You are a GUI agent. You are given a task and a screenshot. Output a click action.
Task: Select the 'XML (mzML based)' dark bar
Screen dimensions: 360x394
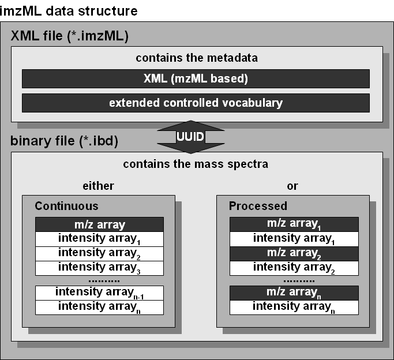point(196,78)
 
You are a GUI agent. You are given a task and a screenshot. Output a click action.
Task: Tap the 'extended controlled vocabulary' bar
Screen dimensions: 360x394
point(196,103)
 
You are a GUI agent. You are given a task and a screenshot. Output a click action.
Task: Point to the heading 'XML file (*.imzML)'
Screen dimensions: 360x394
point(69,37)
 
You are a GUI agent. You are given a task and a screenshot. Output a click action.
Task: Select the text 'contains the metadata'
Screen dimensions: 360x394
point(196,58)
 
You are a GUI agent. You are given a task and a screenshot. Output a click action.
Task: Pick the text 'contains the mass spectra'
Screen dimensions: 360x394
point(196,164)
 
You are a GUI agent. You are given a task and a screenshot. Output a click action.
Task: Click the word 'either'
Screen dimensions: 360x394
point(99,186)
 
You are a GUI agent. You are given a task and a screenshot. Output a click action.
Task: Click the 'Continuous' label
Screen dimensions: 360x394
point(66,206)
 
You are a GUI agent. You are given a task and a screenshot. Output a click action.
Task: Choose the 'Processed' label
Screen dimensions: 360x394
point(258,206)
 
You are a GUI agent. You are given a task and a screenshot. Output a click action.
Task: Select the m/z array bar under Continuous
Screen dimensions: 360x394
point(100,224)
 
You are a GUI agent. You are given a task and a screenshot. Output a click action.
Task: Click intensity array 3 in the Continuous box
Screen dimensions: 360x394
point(100,268)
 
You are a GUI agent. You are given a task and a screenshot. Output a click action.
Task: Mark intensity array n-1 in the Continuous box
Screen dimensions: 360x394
point(100,292)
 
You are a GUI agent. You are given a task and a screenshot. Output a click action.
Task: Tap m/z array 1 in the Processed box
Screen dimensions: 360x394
point(294,224)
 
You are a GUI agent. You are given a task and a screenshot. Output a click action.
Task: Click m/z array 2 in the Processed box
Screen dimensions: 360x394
point(294,253)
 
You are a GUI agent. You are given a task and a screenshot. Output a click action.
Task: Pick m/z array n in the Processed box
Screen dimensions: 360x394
point(294,293)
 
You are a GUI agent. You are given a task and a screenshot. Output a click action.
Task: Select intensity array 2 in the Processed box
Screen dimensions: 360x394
point(294,267)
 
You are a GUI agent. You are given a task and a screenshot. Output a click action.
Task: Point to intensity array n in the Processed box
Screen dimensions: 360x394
point(294,307)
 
